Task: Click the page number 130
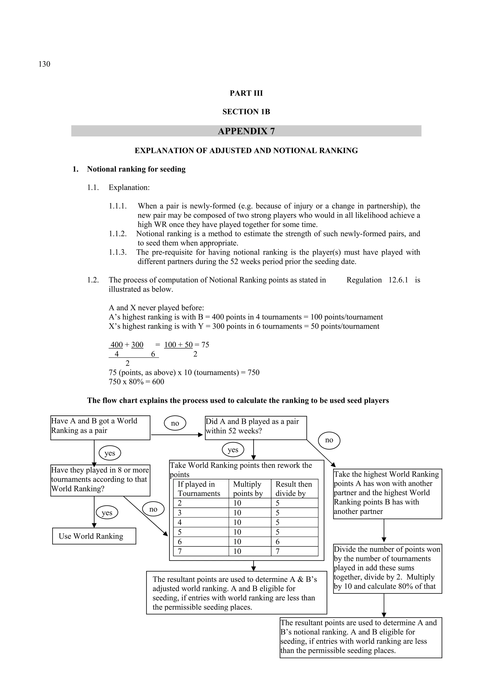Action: click(44, 64)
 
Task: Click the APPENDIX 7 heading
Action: click(246, 131)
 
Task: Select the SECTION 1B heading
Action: click(246, 112)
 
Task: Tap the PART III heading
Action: click(246, 93)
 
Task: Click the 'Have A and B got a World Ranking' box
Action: click(100, 427)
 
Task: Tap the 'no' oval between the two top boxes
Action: click(175, 423)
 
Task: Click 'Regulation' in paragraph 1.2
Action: click(364, 280)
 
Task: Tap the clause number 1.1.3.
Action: click(118, 252)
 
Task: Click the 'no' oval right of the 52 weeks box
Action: click(329, 440)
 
